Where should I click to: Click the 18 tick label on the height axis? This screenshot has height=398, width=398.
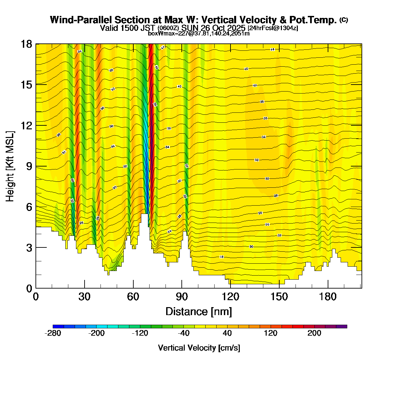pos(26,44)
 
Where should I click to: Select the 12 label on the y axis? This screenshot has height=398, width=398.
pos(26,125)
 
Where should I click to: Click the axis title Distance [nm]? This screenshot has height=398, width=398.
pos(199,312)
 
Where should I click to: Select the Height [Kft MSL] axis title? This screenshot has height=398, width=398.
pos(10,166)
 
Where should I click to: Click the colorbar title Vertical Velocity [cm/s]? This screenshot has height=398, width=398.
pos(199,348)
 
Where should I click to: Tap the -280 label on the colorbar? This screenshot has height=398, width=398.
pos(53,333)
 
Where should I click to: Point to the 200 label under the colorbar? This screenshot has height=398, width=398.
pos(314,333)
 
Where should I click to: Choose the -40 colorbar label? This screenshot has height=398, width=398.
pos(184,333)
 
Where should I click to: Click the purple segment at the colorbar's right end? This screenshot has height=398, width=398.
pos(342,326)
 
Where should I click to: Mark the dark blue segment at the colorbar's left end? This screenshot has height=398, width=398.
pos(58,326)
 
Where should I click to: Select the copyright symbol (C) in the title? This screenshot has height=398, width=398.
pos(344,20)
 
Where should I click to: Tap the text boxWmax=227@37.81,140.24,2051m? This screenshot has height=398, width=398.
pos(199,33)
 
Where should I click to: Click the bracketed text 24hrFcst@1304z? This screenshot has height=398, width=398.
pos(273,28)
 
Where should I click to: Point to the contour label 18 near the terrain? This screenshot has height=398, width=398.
pos(222,257)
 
